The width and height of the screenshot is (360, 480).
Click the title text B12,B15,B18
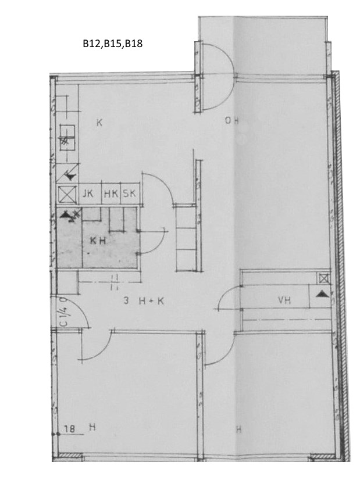pos(113,44)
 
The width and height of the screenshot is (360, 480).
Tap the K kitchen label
pos(99,123)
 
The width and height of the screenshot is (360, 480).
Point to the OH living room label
pos(231,121)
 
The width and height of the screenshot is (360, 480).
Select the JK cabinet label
pos(88,194)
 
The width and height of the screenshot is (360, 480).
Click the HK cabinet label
pos(111,194)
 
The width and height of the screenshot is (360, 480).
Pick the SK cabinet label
pos(129,194)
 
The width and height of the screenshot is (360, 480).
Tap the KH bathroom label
pos(98,241)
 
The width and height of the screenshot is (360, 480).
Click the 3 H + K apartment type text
pos(144,300)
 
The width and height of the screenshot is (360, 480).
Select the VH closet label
pos(284,300)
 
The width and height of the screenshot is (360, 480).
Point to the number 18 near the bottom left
pos(70,429)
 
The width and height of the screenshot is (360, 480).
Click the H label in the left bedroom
pos(92,427)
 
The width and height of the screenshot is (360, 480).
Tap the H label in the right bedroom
pos(238,429)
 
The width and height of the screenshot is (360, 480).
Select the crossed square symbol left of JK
pos(67,195)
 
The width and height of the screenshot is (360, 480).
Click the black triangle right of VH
pos(322,294)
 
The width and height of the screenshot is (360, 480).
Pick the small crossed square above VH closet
pos(324,278)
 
